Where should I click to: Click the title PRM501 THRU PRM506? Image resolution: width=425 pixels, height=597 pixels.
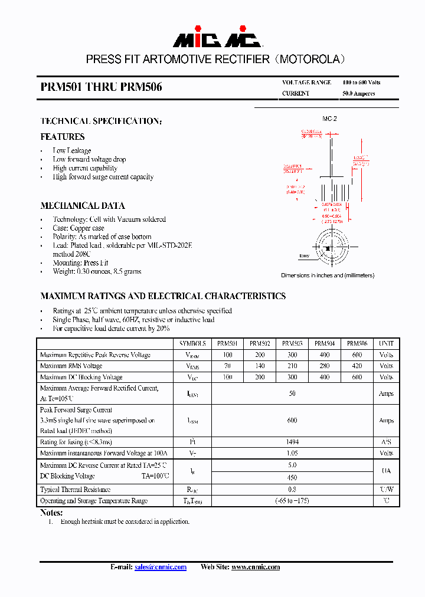pos(101,87)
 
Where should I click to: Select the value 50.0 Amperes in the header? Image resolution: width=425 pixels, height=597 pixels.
pos(358,94)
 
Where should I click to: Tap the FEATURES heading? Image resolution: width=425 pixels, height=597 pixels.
pos(62,137)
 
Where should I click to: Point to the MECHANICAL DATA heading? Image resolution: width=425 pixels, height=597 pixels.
pos(82,206)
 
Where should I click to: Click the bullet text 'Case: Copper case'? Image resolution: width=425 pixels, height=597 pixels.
pos(78,228)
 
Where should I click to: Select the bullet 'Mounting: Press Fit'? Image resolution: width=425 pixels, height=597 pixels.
pos(80,263)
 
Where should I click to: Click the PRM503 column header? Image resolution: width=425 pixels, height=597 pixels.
pos(292,343)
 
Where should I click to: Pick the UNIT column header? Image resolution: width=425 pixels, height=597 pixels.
pos(386,343)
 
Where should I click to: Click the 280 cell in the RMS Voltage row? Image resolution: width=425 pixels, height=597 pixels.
pos(325,366)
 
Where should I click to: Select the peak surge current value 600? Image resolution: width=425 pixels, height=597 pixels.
pos(292,421)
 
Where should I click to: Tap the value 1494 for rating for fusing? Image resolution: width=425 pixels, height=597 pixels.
pos(292,442)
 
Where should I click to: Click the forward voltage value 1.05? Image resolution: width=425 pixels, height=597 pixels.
pos(292,453)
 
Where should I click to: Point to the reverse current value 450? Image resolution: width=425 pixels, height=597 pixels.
pos(292,478)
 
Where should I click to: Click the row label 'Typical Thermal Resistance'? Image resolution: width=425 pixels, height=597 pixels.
pos(75,490)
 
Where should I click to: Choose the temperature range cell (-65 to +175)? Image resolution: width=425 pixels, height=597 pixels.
pos(292,501)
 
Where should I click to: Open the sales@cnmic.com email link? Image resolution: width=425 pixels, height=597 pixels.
pos(160,567)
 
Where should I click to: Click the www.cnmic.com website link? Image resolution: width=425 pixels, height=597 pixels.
pos(255,567)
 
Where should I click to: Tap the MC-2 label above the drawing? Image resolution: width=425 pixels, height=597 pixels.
pos(329,119)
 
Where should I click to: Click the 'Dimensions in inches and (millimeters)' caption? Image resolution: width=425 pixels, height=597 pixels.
pos(327,275)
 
